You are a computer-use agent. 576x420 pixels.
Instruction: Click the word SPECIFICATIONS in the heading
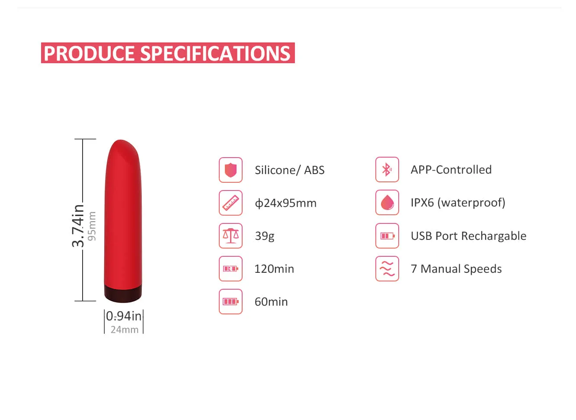215,54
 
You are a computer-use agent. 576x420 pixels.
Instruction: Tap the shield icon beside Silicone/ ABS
230,170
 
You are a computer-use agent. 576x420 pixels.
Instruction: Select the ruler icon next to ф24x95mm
230,203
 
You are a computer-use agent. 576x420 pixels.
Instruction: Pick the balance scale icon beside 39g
230,236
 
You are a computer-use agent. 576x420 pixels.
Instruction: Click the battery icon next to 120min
230,269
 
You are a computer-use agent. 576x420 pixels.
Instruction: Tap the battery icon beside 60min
230,302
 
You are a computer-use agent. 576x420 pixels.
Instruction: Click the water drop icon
387,203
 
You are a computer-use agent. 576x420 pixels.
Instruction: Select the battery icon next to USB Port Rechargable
387,236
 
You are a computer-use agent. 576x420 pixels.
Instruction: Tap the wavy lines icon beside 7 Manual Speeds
387,269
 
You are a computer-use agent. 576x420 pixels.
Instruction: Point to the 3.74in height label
78,226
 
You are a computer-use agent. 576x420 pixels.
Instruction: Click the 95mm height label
92,226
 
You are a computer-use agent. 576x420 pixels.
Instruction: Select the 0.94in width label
124,316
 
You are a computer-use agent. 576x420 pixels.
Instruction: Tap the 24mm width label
125,330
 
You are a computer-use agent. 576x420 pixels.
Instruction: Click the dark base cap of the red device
123,294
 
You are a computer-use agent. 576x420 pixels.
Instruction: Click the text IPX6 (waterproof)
458,203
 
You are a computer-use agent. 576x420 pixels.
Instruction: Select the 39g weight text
265,236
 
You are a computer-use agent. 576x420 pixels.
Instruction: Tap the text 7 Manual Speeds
456,269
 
